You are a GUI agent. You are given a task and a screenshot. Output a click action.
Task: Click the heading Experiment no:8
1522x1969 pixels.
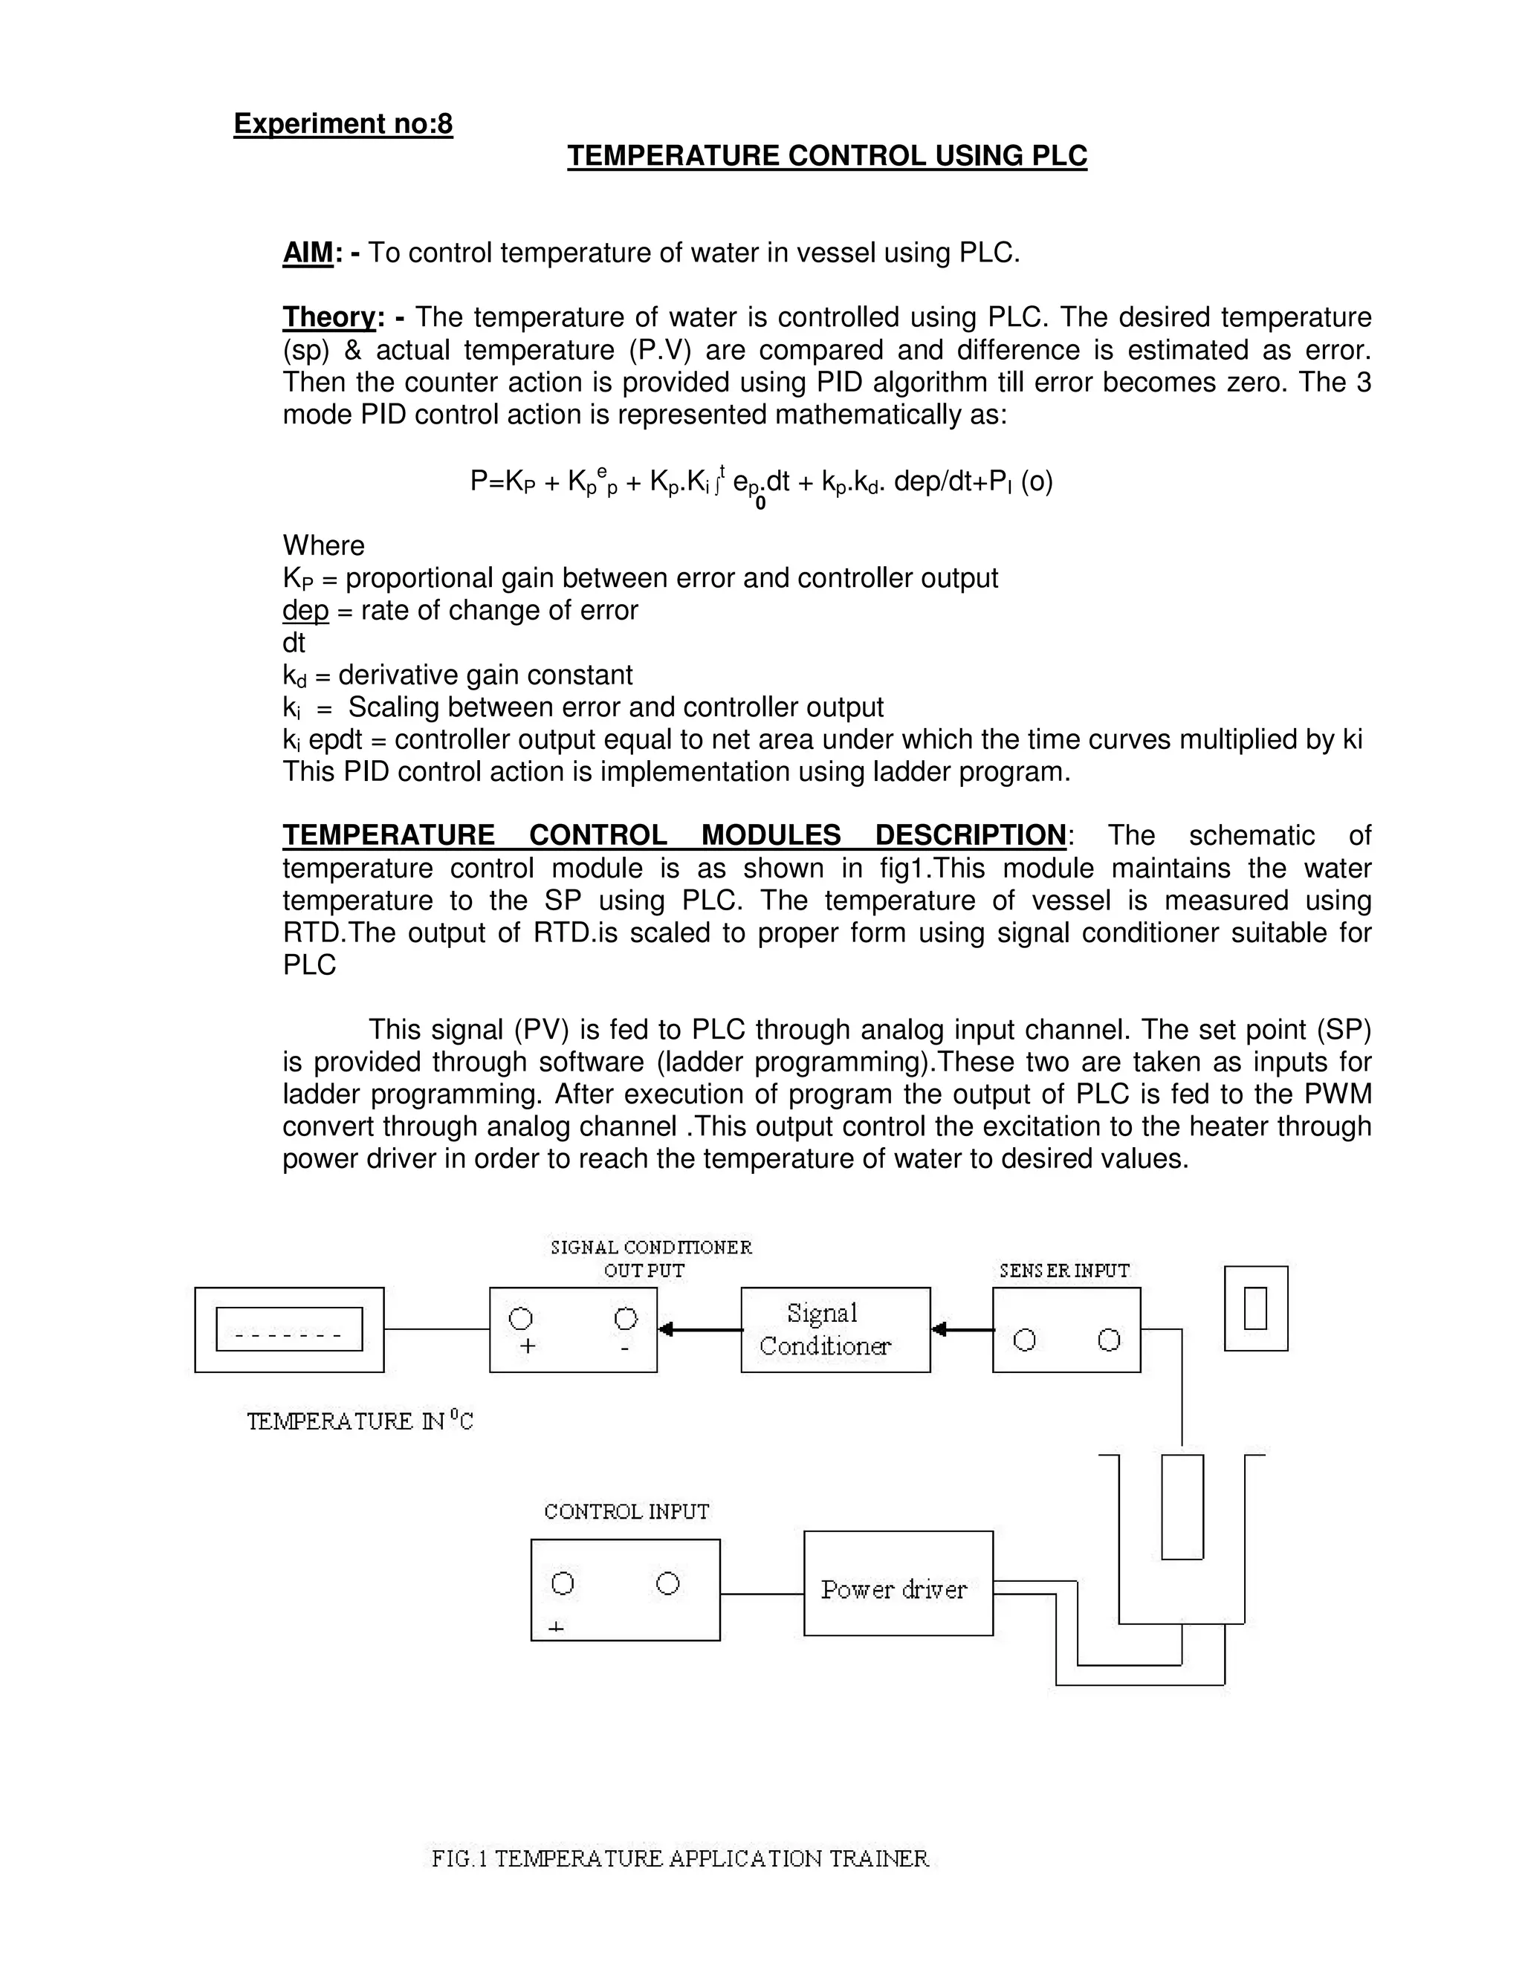click(343, 123)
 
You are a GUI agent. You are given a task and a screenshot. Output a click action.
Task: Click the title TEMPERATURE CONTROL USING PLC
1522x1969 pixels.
click(827, 156)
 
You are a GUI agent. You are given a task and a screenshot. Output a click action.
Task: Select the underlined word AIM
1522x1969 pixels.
click(308, 253)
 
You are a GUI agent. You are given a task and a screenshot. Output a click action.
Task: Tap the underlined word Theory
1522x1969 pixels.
click(328, 317)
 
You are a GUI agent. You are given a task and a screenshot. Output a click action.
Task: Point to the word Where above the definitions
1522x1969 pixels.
click(324, 545)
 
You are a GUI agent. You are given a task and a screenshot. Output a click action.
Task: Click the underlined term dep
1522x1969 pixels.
click(305, 610)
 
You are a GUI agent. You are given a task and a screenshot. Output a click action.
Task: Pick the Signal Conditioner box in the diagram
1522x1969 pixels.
click(835, 1329)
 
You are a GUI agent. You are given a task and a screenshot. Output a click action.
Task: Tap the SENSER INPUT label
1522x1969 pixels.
click(1064, 1271)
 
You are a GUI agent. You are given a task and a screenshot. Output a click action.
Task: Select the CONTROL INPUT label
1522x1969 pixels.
click(626, 1512)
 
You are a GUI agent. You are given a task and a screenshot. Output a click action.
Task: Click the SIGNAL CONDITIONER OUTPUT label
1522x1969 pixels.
click(651, 1259)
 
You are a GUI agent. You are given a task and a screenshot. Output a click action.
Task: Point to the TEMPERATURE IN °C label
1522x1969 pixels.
click(360, 1421)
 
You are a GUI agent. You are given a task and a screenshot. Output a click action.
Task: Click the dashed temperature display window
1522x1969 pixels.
click(289, 1329)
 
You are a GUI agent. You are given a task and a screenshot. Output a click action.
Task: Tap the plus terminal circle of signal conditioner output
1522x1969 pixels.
click(521, 1319)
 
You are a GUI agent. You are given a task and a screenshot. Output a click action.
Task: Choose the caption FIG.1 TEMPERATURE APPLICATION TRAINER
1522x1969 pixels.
click(680, 1858)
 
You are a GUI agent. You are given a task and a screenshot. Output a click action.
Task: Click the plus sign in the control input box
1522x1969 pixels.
click(557, 1627)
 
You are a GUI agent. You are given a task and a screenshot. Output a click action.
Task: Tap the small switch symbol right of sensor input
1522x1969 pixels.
click(1255, 1308)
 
